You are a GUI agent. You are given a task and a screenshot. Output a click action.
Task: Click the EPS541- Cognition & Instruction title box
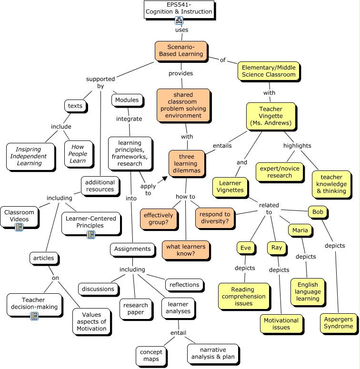pyautogui.click(x=179, y=9)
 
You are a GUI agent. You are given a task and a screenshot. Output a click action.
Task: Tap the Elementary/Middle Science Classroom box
pyautogui.click(x=269, y=70)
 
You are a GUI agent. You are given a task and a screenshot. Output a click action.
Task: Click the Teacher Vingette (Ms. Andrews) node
pyautogui.click(x=270, y=116)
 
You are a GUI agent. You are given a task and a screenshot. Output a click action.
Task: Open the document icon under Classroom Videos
pyautogui.click(x=19, y=227)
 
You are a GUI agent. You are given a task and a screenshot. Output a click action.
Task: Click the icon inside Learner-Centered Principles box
pyautogui.click(x=91, y=234)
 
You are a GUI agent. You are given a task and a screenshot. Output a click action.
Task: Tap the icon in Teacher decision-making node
pyautogui.click(x=34, y=316)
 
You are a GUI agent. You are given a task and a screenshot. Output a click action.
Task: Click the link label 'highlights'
pyautogui.click(x=297, y=145)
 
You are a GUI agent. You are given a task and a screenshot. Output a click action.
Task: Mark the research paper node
pyautogui.click(x=136, y=309)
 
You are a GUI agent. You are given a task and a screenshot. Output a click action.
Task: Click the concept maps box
pyautogui.click(x=151, y=355)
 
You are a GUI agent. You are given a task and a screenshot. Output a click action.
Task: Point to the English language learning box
pyautogui.click(x=308, y=291)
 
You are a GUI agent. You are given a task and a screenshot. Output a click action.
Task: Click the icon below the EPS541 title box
pyautogui.click(x=179, y=20)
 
